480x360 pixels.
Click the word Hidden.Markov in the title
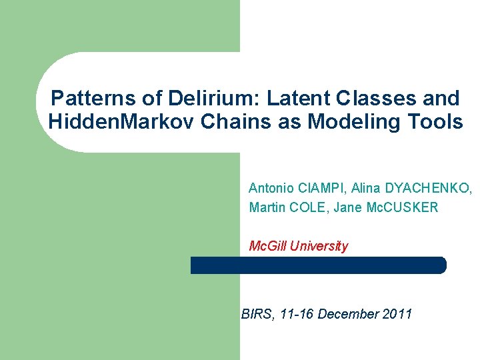(x=111, y=123)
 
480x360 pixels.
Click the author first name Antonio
(x=270, y=189)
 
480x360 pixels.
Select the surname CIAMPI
(x=319, y=189)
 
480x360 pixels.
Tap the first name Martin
(x=267, y=207)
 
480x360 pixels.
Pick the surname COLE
(x=308, y=207)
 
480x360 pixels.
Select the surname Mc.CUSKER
(x=403, y=207)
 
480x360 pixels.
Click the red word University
(x=321, y=247)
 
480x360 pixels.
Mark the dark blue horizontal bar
(x=318, y=265)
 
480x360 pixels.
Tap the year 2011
(x=398, y=313)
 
